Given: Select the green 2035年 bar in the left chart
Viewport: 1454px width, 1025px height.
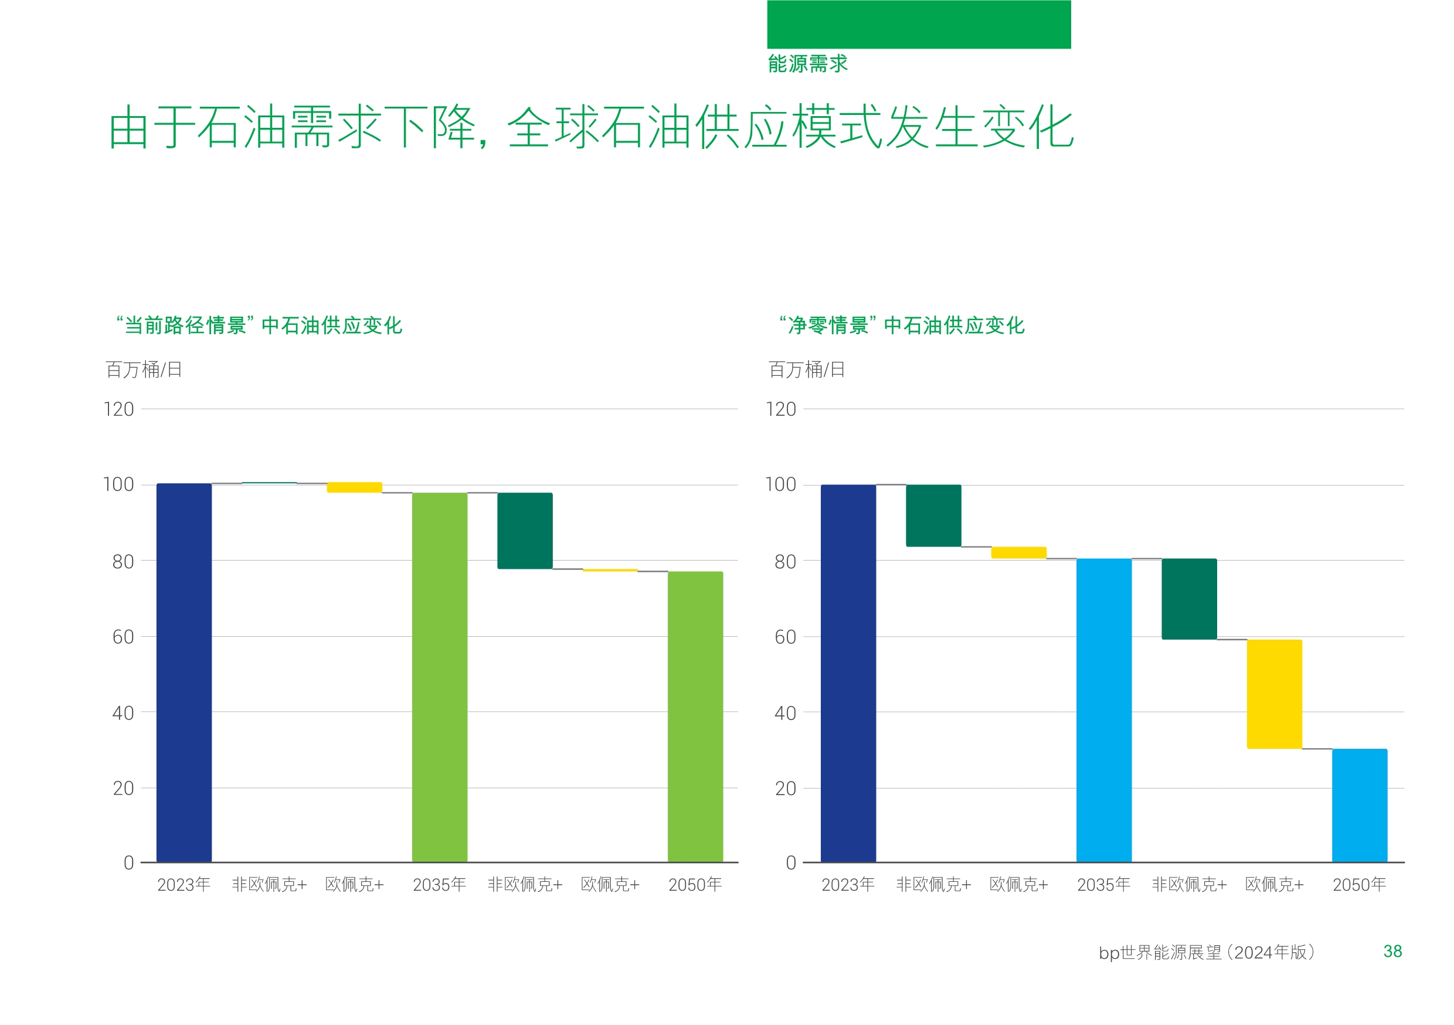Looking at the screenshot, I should pos(440,677).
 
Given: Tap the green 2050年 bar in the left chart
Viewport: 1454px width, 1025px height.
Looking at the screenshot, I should pos(695,716).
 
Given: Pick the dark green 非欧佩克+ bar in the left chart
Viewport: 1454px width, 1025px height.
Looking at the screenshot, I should pos(524,530).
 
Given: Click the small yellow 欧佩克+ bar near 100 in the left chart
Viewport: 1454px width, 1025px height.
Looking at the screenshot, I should pos(354,487).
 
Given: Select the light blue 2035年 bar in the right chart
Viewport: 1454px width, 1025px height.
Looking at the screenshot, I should pos(1103,710).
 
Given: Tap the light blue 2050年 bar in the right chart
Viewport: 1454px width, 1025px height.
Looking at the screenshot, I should pos(1359,805).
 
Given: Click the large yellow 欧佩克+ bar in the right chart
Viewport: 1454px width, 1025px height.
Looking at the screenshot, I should pos(1274,694).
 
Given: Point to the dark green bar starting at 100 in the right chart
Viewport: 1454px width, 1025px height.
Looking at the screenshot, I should pos(933,515).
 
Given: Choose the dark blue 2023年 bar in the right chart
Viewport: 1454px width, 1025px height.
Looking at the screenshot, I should pos(848,673).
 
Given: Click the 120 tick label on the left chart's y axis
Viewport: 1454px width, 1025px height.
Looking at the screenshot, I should pos(119,409).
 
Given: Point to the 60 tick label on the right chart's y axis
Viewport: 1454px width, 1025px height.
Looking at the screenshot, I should pos(785,637).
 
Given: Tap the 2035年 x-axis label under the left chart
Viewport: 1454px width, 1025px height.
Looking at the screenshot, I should pos(440,884).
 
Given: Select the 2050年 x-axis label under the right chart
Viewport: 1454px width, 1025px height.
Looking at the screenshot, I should pos(1359,884).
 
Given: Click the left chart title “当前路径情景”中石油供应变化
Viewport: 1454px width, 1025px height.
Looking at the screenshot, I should pos(259,325).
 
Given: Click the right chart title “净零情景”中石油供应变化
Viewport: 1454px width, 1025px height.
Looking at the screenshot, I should pos(902,325).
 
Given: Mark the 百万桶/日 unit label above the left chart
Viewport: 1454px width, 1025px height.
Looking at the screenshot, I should pos(144,369).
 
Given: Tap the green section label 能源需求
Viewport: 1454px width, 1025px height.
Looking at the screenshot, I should pos(807,63).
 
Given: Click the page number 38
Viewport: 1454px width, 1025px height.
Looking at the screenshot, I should pos(1392,951).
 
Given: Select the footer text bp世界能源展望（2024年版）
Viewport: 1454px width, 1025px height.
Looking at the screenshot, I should pos(1207,952).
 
